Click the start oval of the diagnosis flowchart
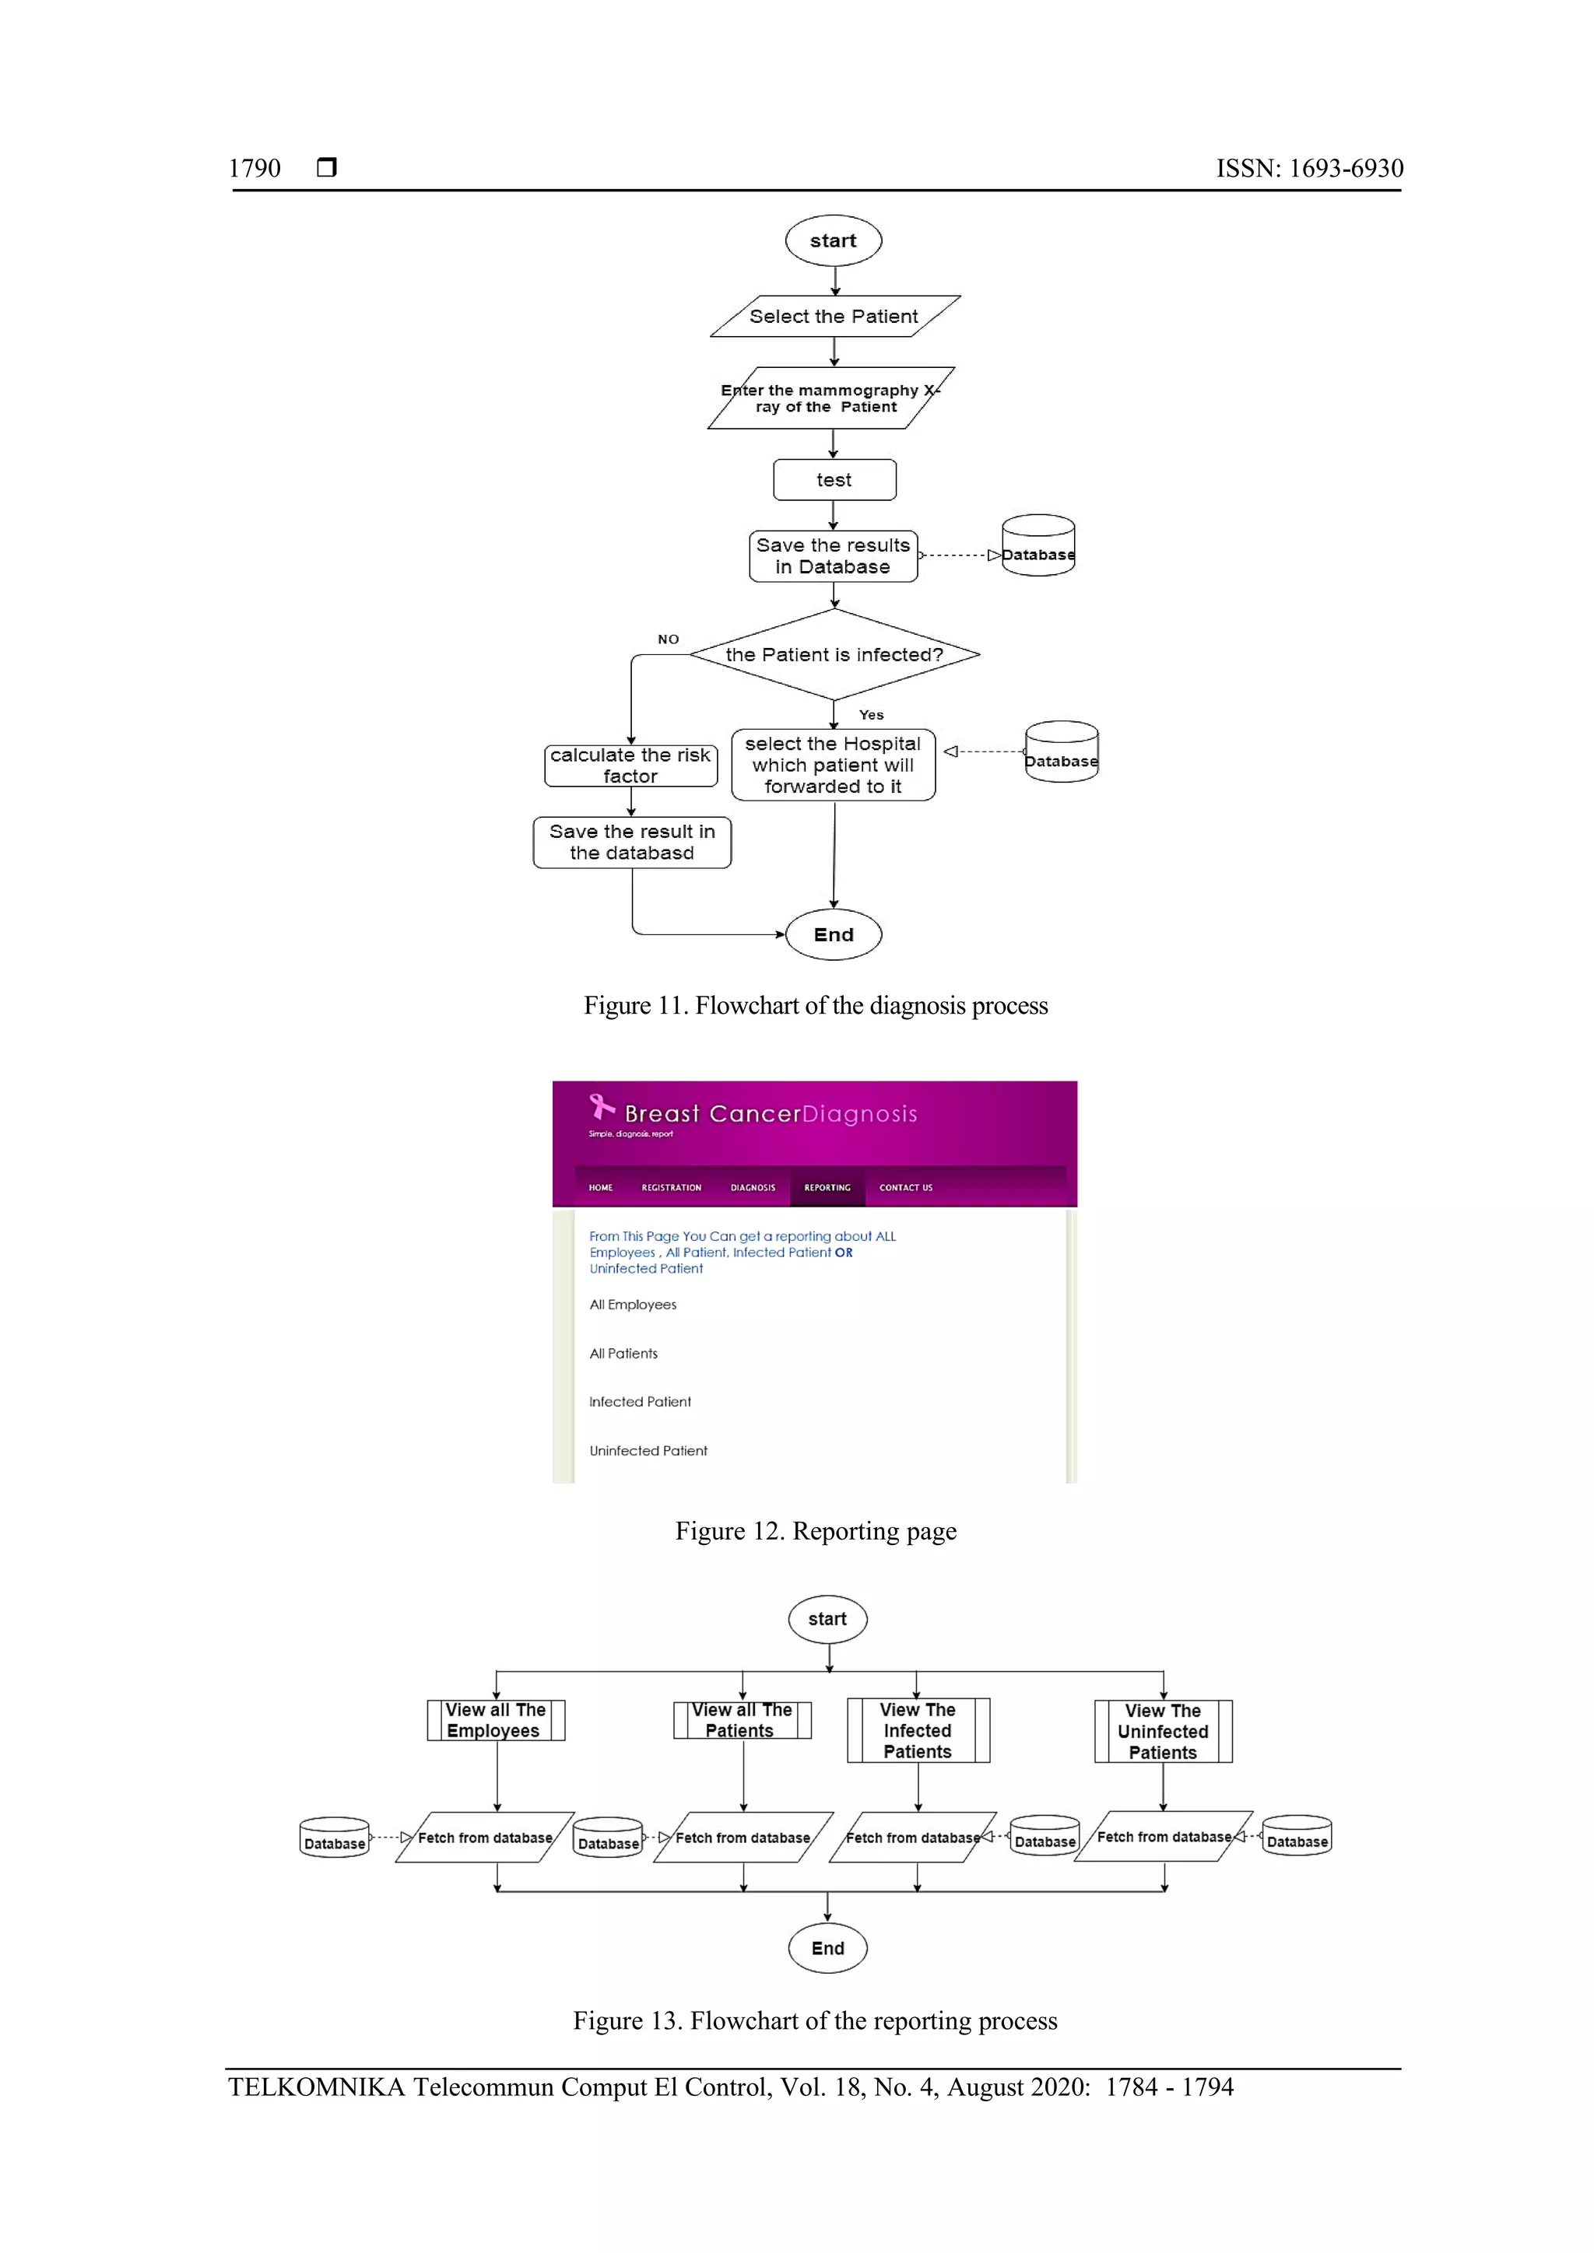click(834, 240)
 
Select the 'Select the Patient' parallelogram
click(834, 316)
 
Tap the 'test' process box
click(834, 480)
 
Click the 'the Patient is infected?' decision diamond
click(834, 654)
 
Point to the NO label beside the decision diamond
click(669, 639)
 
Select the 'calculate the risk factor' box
click(630, 766)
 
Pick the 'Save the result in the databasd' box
click(632, 842)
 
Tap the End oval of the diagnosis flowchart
click(834, 934)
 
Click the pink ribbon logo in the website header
click(601, 1107)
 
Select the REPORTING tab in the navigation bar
click(827, 1187)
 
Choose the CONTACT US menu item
click(905, 1187)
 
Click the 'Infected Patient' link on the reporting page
click(640, 1401)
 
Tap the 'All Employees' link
click(633, 1304)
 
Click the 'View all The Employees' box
click(496, 1720)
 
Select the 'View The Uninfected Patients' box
click(1163, 1731)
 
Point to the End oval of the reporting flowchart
click(827, 1948)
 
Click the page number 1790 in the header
click(255, 168)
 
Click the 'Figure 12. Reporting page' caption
click(816, 1531)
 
